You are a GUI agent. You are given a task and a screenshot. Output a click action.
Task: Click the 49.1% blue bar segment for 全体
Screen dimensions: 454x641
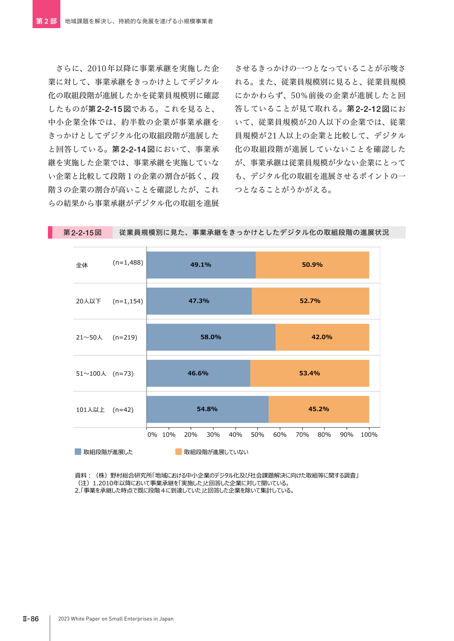[201, 265]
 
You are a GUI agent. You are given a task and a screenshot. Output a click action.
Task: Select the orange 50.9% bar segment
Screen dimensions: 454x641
[312, 265]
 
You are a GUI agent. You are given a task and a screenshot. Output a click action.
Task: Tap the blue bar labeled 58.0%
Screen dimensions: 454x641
[211, 337]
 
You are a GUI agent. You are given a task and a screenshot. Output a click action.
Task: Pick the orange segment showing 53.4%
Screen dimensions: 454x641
[309, 373]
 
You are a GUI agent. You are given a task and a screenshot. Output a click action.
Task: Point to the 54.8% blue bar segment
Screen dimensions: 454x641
[207, 409]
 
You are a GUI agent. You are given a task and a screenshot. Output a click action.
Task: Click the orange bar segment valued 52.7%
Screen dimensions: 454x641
[310, 301]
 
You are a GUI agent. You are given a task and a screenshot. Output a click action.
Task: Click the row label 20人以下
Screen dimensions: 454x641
[89, 301]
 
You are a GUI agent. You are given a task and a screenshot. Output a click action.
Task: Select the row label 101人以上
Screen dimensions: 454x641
[90, 410]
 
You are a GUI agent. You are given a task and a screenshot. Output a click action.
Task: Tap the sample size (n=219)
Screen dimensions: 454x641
[125, 337]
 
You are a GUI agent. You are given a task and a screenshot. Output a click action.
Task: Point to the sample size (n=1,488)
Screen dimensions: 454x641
[128, 262]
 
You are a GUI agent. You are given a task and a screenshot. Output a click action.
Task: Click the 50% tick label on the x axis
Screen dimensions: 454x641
[258, 435]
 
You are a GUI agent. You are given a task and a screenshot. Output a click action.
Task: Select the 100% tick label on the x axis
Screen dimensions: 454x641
[369, 435]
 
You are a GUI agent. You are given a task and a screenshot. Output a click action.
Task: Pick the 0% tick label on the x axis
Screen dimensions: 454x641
[152, 435]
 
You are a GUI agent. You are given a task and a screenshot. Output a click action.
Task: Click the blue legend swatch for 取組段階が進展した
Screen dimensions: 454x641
[78, 452]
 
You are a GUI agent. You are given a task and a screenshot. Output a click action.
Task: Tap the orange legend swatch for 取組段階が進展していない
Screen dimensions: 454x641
[179, 452]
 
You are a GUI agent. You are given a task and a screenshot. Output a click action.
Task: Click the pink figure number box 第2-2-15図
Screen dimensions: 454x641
[82, 232]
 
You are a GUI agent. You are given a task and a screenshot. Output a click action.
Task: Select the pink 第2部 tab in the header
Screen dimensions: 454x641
[46, 14]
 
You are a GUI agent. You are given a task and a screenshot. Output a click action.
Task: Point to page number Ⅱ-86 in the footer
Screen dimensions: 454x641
[31, 619]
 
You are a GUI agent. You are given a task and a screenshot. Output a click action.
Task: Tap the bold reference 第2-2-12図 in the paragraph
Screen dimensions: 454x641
[368, 109]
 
